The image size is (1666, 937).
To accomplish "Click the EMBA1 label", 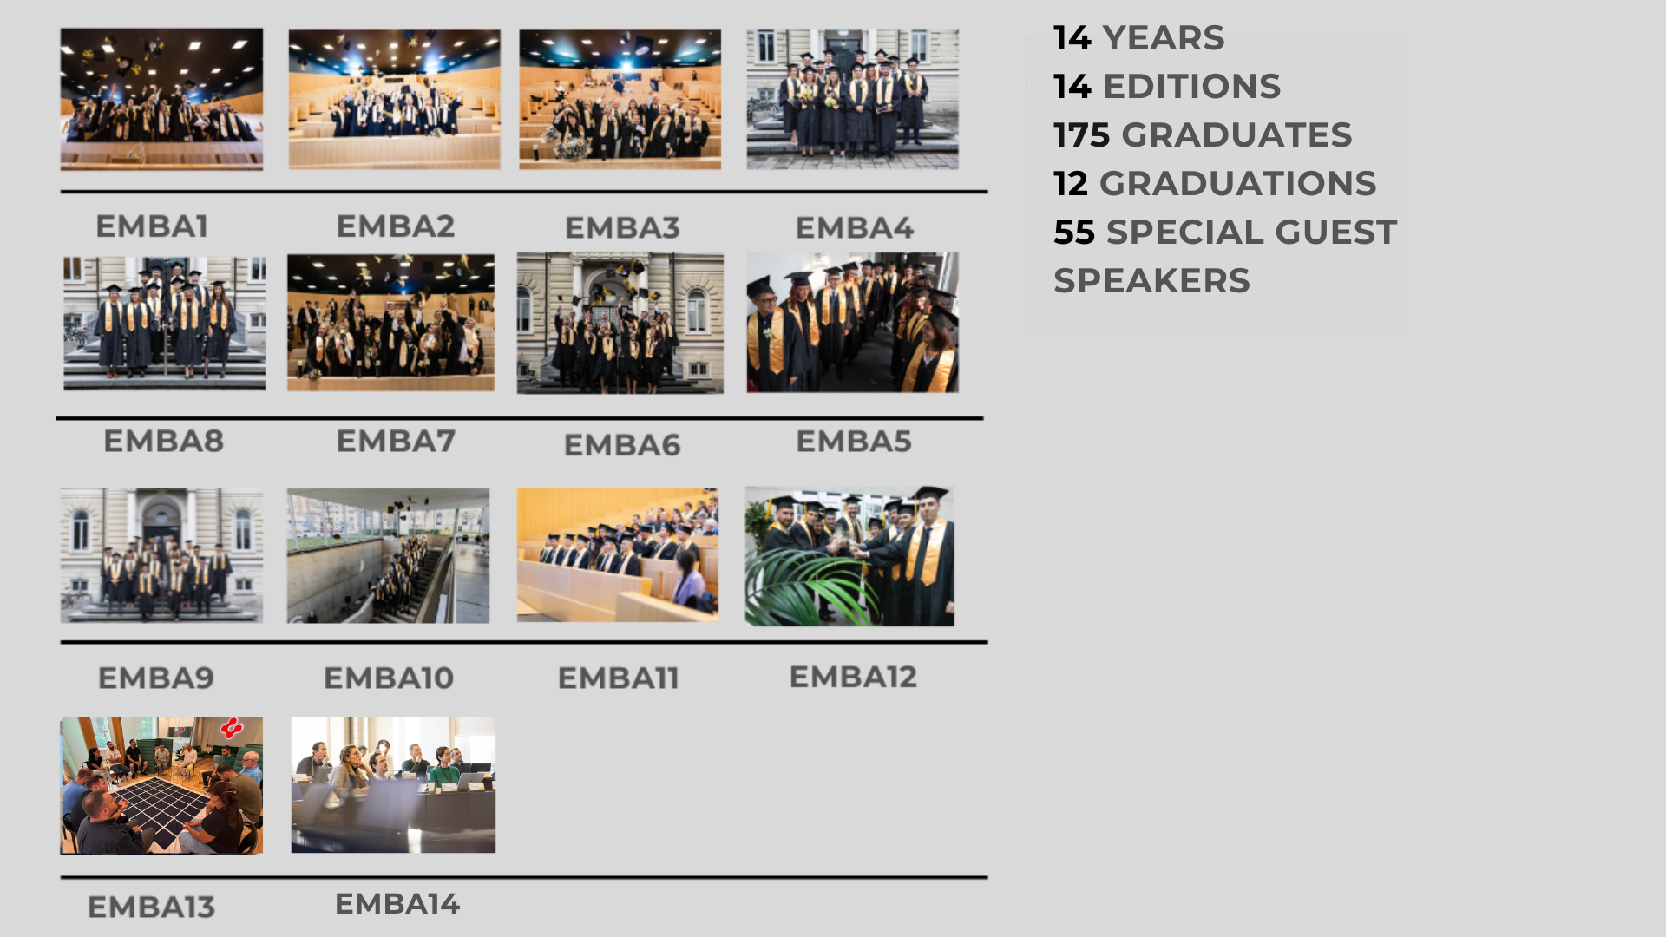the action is click(152, 226).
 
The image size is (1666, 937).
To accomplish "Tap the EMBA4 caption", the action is click(855, 228).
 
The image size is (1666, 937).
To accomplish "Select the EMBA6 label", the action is click(622, 445).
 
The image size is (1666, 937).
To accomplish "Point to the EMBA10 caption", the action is click(389, 678).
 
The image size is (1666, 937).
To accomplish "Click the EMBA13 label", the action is click(151, 908).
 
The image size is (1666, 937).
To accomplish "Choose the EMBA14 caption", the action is click(397, 904).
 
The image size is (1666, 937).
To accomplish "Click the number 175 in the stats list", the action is click(1082, 135).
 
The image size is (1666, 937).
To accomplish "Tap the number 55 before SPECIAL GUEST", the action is click(1074, 233).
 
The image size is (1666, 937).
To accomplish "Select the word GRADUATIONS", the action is click(1238, 184).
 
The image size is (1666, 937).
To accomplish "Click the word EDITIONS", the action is click(1192, 87).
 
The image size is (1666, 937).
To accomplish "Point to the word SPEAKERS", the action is click(1151, 281).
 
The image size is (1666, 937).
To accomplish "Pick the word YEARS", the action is click(1164, 38).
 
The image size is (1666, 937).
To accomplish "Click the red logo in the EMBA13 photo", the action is click(232, 728).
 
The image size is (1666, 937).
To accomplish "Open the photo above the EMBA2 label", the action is click(395, 99).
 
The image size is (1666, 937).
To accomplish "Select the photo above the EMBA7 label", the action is click(391, 323).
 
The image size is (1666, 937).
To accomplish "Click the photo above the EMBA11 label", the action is click(618, 555).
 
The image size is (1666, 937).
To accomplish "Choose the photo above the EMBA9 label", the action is click(161, 555).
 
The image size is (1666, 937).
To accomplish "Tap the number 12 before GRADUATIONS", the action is click(1071, 184).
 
